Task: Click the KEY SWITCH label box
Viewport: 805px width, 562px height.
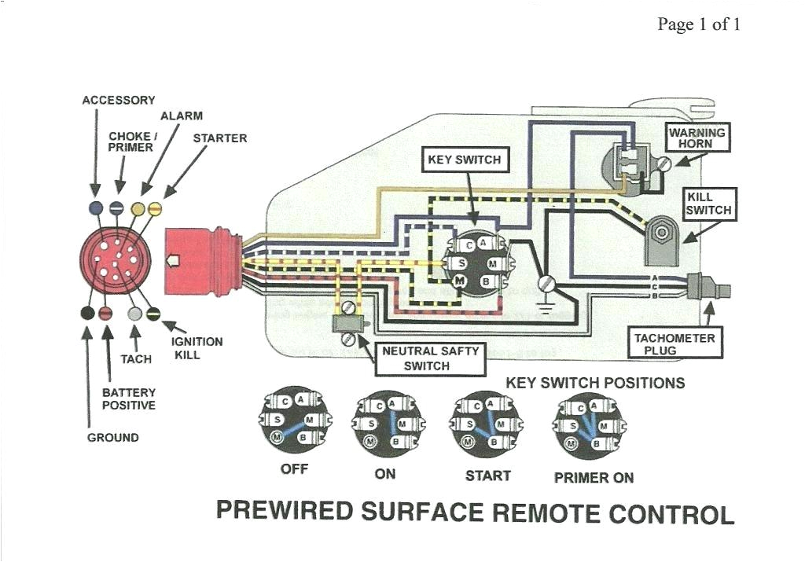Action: pos(464,160)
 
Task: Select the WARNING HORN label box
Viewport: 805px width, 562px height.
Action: pos(696,138)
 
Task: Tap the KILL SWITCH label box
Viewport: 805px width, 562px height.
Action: pos(708,204)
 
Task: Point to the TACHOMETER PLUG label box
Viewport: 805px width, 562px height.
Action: pos(675,343)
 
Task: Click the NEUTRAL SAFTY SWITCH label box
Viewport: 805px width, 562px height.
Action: pos(430,358)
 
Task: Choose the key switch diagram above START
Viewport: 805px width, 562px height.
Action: pos(486,424)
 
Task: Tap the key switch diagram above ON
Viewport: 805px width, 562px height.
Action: pos(386,424)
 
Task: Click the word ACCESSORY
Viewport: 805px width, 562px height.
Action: pos(119,101)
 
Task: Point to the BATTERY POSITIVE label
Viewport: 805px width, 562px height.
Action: pos(129,399)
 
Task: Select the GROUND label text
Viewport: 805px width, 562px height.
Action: pos(112,437)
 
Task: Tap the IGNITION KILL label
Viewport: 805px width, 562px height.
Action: pos(197,348)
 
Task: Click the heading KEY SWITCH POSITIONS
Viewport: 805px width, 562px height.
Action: pos(594,384)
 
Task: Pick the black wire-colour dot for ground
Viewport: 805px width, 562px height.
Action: pos(88,313)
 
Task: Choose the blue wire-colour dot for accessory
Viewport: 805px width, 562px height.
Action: pos(96,208)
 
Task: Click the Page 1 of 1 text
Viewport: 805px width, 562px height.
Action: pos(699,24)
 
